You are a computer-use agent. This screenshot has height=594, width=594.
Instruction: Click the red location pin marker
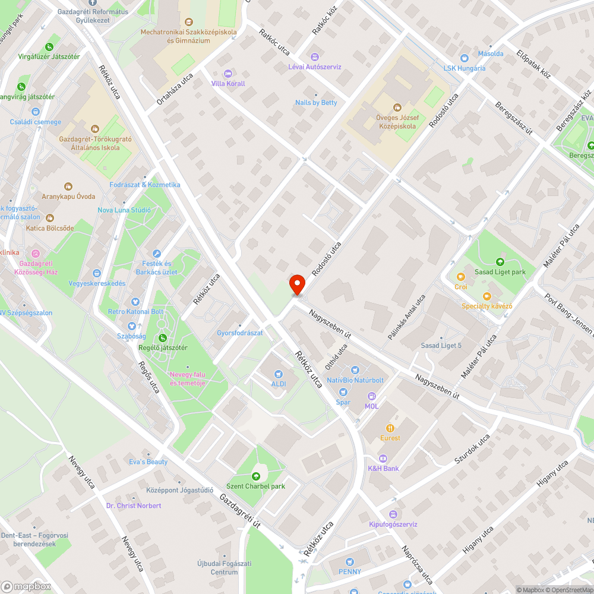297,284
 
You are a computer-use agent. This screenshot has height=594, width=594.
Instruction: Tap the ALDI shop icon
278,374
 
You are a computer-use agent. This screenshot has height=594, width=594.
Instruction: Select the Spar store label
343,402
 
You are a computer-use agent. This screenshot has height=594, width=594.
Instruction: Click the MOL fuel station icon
372,396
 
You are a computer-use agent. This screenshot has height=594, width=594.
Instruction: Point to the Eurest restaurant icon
390,428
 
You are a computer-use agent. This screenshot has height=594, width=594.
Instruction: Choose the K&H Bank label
383,468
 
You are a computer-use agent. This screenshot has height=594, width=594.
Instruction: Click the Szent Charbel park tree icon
255,476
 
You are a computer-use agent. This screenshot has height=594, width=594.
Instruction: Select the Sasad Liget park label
500,272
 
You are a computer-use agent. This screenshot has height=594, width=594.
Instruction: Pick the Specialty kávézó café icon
487,296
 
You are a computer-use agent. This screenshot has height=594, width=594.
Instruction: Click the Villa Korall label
228,84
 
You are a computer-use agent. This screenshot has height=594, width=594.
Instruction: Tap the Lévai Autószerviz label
315,67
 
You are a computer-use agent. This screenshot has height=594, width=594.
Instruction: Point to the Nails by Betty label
316,103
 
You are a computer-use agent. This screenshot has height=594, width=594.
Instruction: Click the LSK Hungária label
465,68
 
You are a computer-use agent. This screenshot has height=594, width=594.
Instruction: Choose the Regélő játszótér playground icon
162,337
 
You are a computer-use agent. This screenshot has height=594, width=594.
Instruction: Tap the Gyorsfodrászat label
240,333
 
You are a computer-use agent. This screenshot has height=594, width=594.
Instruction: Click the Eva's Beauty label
148,462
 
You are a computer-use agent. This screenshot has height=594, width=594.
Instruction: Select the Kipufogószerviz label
393,525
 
